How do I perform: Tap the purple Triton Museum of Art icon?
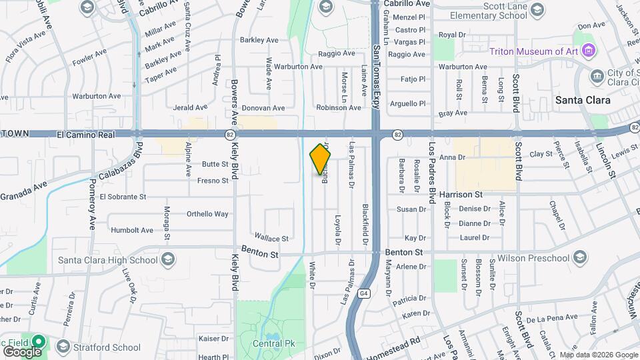[x=587, y=51]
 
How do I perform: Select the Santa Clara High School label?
[x=108, y=259]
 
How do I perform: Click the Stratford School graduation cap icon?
[x=63, y=347]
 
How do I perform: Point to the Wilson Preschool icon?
[x=579, y=258]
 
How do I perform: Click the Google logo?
[x=22, y=351]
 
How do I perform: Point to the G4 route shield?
[x=363, y=293]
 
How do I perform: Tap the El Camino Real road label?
[x=86, y=134]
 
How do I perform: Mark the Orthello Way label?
[x=207, y=214]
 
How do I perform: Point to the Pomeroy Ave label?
[x=92, y=204]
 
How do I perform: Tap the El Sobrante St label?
[x=122, y=197]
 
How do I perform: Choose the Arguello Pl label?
[x=408, y=103]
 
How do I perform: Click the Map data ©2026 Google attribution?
[x=598, y=355]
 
